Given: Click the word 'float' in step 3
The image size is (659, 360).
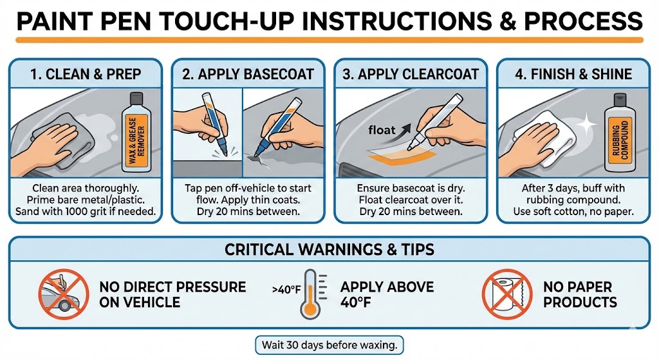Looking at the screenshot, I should point(382,131).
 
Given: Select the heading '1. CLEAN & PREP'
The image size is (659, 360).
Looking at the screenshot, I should point(87,73).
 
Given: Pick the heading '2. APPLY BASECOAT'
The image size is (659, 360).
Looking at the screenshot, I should point(248,73).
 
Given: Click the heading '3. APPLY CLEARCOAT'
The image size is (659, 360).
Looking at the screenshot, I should point(411,73).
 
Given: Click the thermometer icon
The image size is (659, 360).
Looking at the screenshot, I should point(311,295).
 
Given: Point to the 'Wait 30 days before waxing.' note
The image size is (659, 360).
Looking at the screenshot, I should point(329,345).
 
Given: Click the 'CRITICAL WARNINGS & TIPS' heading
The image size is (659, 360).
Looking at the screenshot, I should point(329,249).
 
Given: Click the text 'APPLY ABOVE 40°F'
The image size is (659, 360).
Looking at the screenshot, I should point(387,294).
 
